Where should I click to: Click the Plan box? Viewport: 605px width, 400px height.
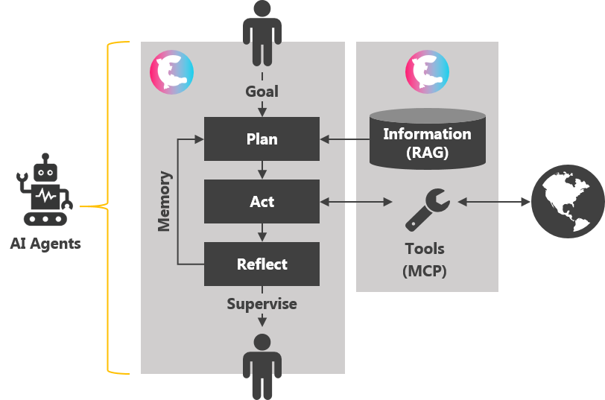point(262,139)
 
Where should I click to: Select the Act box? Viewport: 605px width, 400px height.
point(262,201)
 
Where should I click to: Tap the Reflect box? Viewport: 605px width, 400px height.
point(262,264)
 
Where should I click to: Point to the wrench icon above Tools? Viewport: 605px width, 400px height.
point(427,208)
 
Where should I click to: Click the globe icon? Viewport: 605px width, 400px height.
point(566,201)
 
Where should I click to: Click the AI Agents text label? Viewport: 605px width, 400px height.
point(45,244)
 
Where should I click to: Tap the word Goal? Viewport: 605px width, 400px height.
point(262,92)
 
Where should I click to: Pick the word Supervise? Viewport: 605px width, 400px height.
point(262,304)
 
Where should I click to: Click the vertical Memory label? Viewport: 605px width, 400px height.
point(165,201)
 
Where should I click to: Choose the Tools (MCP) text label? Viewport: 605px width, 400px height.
point(425,259)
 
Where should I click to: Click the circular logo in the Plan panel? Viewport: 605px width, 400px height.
point(171,72)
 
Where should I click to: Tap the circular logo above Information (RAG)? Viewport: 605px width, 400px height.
point(427,72)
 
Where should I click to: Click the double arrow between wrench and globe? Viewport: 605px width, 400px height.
point(493,201)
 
